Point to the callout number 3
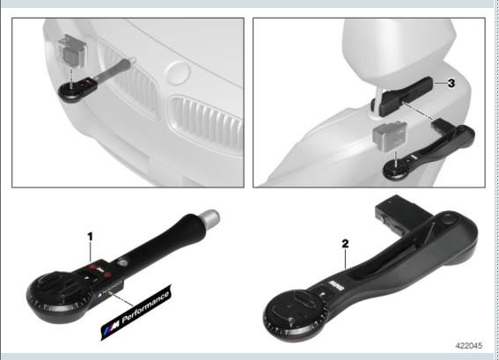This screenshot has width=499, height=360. [451, 84]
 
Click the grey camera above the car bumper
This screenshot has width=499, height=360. [71, 50]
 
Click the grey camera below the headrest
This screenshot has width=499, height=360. [388, 137]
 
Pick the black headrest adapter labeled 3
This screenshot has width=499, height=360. [413, 92]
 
